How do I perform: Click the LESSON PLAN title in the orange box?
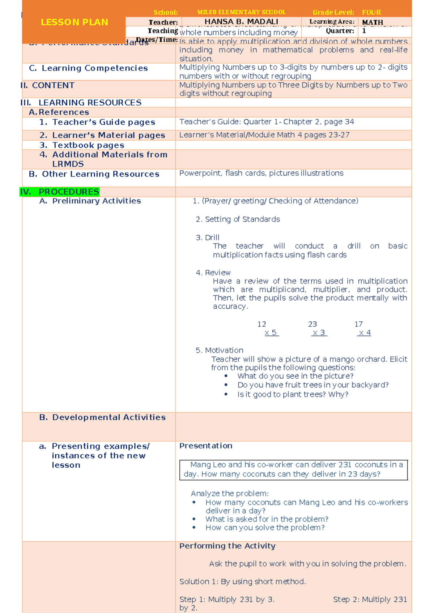click(x=74, y=22)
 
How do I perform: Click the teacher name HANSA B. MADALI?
click(x=241, y=22)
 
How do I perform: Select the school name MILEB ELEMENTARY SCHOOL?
click(x=241, y=12)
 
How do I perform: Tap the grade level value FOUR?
click(x=371, y=12)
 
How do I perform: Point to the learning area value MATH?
click(x=373, y=22)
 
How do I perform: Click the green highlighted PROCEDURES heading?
click(x=60, y=192)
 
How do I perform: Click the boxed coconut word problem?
click(x=293, y=470)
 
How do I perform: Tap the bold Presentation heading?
click(x=206, y=446)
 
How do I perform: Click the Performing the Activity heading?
click(x=227, y=546)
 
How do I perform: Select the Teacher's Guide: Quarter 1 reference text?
click(x=267, y=122)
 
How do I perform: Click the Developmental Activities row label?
click(x=102, y=417)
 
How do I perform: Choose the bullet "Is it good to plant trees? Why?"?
click(x=292, y=394)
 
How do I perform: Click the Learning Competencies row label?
click(x=88, y=68)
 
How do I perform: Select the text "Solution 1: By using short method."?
click(x=243, y=582)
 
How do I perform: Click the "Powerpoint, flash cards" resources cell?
click(x=261, y=173)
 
